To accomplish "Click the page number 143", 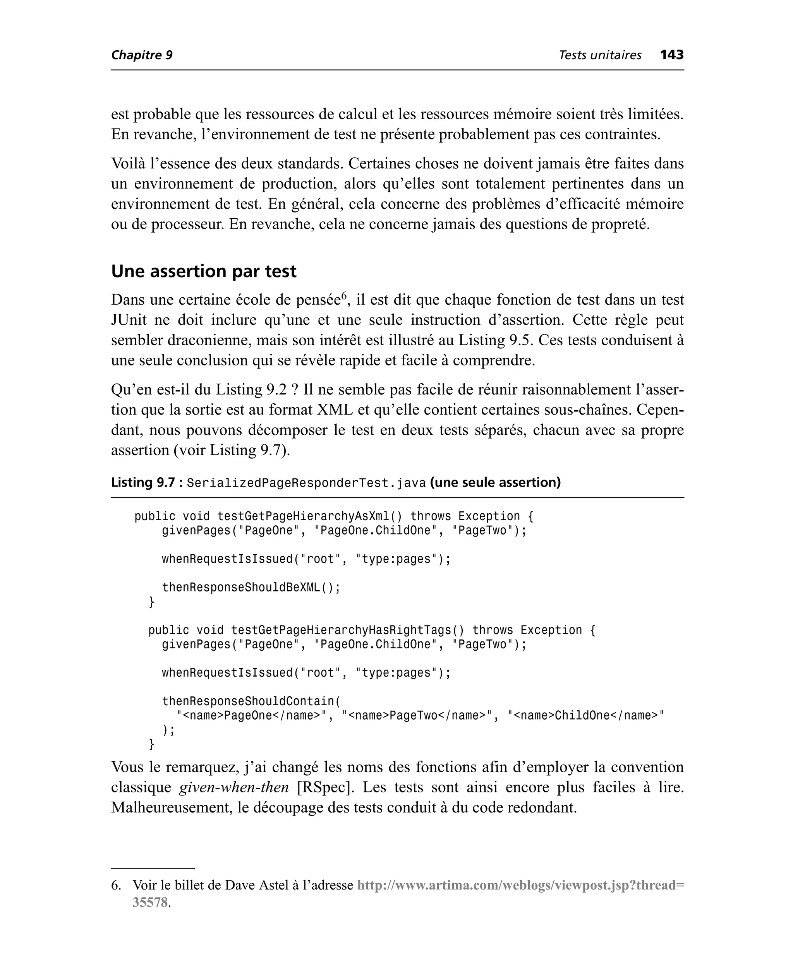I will point(671,55).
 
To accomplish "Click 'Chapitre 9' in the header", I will point(142,55).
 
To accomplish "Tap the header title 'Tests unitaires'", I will point(600,55).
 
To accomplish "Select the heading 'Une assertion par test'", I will point(204,271).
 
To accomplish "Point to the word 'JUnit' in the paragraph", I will point(129,320).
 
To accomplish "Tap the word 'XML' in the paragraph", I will point(335,410).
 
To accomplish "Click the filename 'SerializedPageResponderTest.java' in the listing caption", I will point(306,483).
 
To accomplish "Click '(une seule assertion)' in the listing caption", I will point(495,483).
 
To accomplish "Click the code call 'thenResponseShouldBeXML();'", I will point(251,587).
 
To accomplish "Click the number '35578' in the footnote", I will point(150,902).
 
